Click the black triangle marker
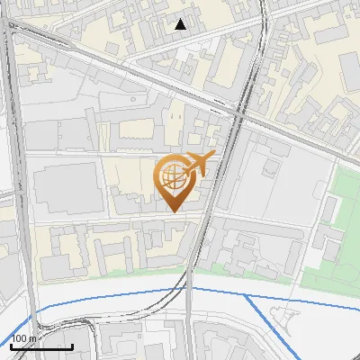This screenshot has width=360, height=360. [181, 24]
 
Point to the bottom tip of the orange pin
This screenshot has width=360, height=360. [173, 211]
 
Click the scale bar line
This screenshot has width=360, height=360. [41, 346]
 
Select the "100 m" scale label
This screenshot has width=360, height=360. [25, 338]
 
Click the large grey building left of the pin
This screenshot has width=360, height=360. [65, 188]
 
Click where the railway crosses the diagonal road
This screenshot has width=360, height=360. [239, 113]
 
